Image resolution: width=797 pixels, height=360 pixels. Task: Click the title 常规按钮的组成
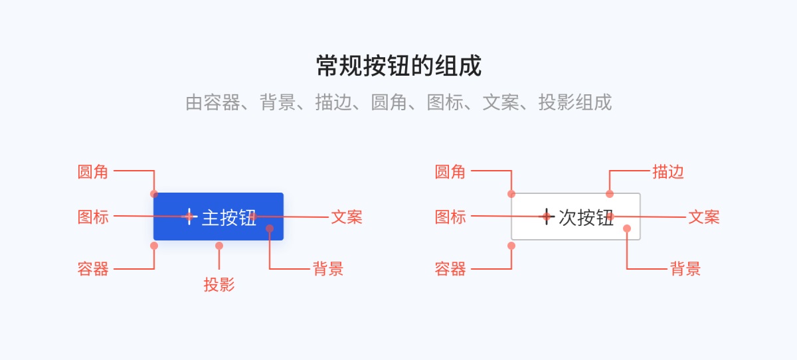[398, 66]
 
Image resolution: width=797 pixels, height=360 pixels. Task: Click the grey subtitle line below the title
[398, 103]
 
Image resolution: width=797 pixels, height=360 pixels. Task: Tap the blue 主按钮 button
[219, 217]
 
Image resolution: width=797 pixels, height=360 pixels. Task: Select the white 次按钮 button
[576, 217]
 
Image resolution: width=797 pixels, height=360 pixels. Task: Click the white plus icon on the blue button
[189, 217]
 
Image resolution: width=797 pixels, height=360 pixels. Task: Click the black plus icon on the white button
[547, 217]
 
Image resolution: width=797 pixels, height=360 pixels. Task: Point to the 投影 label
[219, 286]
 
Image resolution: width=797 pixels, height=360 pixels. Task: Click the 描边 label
[668, 172]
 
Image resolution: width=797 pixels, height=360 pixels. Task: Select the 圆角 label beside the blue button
[93, 172]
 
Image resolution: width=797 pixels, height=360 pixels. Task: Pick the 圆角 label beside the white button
[450, 172]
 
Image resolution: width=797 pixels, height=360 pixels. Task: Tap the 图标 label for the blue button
[93, 217]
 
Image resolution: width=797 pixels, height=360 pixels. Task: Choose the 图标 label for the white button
[450, 217]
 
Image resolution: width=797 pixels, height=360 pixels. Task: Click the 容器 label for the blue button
[93, 269]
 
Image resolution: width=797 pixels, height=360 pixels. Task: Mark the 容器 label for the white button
[450, 269]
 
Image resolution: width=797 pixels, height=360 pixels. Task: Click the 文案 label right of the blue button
[347, 217]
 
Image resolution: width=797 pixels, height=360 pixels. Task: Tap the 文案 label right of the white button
[704, 217]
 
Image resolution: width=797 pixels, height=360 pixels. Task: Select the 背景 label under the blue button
[328, 269]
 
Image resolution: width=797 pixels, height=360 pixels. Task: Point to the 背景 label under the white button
[685, 269]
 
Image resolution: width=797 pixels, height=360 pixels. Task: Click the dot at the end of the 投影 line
[219, 246]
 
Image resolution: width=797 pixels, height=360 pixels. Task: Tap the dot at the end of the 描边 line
[610, 194]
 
